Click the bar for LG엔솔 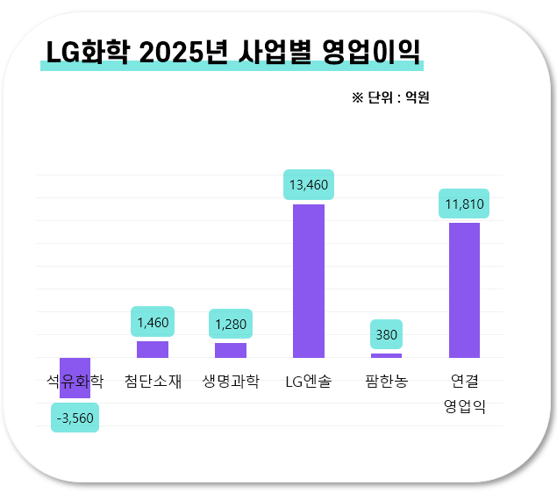coord(309,281)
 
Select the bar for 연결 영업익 coord(464,289)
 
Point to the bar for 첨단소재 coord(153,349)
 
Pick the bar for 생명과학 coord(231,350)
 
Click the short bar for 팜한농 coord(386,355)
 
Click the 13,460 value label coord(309,184)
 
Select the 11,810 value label coord(464,204)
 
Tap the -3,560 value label coord(75,418)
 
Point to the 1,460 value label coord(153,322)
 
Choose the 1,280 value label coord(231,325)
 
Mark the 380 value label coord(386,334)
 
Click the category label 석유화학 coord(75,382)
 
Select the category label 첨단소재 coord(153,382)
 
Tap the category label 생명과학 coord(231,382)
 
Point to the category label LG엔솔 coord(309,382)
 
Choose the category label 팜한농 coord(386,382)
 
